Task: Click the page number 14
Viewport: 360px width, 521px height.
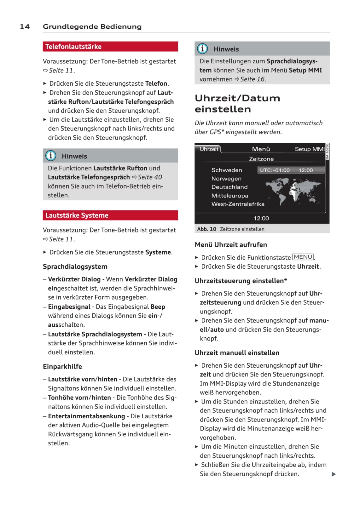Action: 25,26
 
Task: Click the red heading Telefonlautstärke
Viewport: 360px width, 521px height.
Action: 73,47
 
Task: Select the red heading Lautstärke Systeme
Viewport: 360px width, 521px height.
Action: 77,215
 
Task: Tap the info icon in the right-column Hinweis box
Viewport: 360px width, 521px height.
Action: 202,49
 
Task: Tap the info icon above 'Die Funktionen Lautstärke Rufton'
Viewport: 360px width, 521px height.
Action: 51,156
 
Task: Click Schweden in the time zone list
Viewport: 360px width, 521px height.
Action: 227,170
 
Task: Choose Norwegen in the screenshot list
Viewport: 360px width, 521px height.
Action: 226,179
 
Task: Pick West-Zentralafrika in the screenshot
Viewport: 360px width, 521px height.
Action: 238,204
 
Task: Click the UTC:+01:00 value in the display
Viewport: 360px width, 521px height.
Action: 275,170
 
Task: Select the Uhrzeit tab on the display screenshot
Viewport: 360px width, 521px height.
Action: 209,149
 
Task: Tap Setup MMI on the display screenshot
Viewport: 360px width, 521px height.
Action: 309,149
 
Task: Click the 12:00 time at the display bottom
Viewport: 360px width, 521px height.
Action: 261,218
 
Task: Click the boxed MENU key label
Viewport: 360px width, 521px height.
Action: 303,257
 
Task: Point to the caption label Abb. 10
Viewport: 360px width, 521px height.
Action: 206,229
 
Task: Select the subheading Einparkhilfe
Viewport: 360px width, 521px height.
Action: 62,367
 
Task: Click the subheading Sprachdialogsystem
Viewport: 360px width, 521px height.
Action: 75,267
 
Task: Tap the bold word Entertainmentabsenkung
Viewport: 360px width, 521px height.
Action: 86,416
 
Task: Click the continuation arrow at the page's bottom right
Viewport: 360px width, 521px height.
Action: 334,474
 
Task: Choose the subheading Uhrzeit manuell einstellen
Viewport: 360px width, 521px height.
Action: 237,353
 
